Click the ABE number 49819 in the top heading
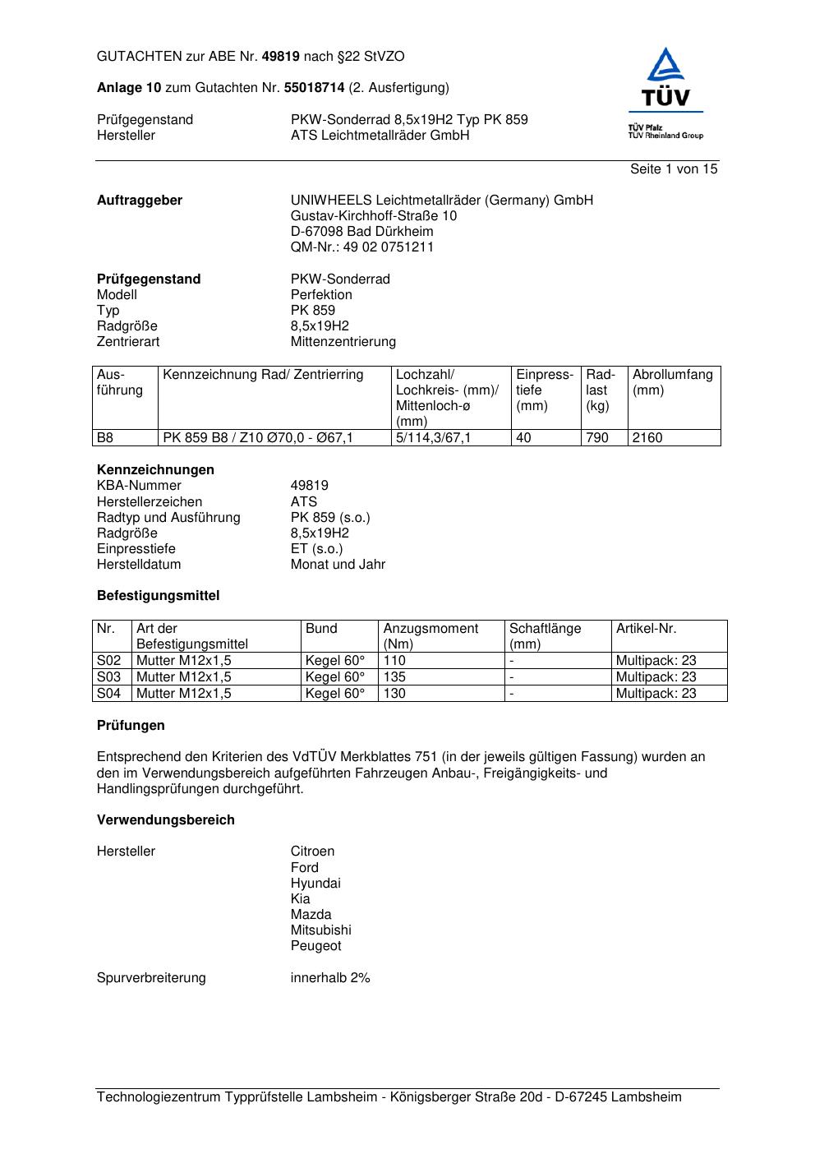click(280, 57)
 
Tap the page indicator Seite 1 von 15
click(674, 169)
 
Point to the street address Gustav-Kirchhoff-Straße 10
click(374, 216)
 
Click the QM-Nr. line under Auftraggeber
click(362, 247)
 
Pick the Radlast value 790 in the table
click(597, 438)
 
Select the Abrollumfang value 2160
click(647, 438)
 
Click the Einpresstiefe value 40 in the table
click(523, 438)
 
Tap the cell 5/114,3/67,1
click(434, 438)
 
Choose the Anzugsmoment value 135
click(394, 677)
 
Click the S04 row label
click(108, 694)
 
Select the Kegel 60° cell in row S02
click(335, 661)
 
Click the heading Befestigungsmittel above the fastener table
click(158, 596)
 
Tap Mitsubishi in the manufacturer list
click(320, 930)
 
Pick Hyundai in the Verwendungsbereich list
click(315, 884)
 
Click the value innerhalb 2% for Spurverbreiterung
click(330, 978)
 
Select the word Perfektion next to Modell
click(321, 295)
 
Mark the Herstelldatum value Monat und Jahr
click(338, 565)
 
